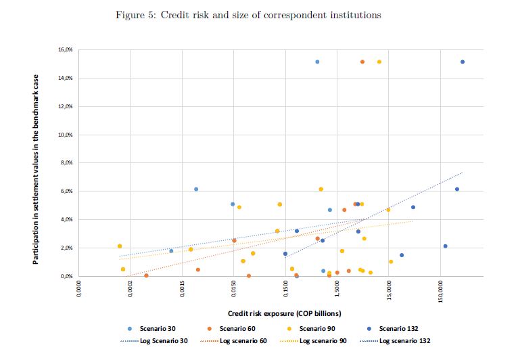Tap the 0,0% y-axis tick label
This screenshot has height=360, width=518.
[x=65, y=277]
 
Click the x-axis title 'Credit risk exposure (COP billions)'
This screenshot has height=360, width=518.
[x=284, y=313]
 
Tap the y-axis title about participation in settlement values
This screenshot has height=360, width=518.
[x=38, y=169]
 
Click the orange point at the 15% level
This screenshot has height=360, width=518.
[x=362, y=62]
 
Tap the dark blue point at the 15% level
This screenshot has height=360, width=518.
[x=463, y=62]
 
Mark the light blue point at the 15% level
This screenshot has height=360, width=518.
[x=317, y=62]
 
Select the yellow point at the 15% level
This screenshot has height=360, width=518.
[x=379, y=62]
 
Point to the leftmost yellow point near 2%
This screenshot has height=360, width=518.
[x=120, y=246]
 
